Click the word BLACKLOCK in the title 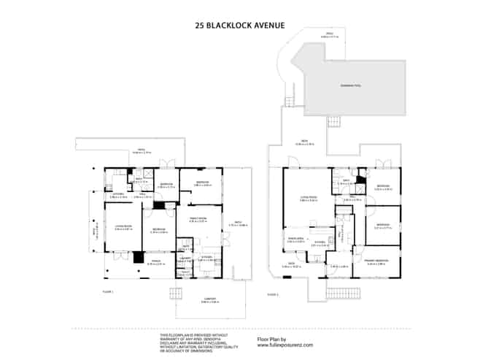pos(233,24)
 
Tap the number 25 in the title pos(200,24)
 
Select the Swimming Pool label pos(351,85)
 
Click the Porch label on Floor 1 pos(155,262)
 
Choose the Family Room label pos(198,220)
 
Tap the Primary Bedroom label pos(377,261)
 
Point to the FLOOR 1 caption pos(109,291)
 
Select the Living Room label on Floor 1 pos(123,227)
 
